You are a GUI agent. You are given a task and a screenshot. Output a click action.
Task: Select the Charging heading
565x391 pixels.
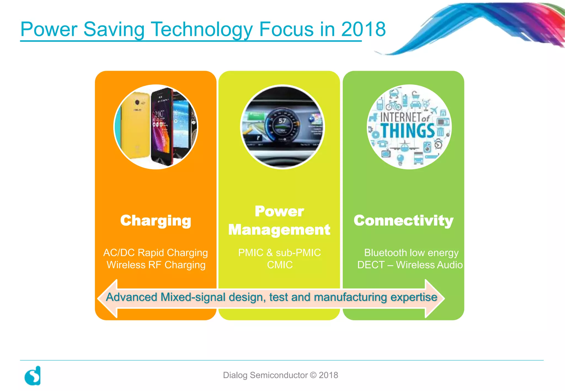pos(156,221)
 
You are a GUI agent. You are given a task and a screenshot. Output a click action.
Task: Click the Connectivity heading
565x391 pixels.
pos(403,221)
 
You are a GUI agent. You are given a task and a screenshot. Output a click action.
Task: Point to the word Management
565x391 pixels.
pos(279,230)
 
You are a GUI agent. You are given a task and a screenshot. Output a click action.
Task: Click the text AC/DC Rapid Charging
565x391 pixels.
pos(156,253)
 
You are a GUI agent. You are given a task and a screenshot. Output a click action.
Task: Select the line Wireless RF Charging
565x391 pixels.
pos(156,265)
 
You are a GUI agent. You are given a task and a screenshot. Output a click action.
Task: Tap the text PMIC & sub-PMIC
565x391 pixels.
pos(279,253)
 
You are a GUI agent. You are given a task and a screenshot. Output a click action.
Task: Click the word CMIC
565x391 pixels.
pos(279,265)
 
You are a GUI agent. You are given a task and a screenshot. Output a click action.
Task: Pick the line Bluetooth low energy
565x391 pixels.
pos(411,253)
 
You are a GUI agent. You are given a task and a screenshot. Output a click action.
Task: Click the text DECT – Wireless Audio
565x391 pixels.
pos(410,265)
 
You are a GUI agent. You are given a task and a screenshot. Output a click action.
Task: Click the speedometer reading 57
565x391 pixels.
pos(282,121)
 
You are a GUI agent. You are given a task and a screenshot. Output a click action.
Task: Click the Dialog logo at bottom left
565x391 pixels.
pos(33,376)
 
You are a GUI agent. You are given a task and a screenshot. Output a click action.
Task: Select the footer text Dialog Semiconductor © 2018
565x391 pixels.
pos(280,375)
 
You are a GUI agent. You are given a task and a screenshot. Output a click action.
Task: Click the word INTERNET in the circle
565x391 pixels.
pos(401,117)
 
